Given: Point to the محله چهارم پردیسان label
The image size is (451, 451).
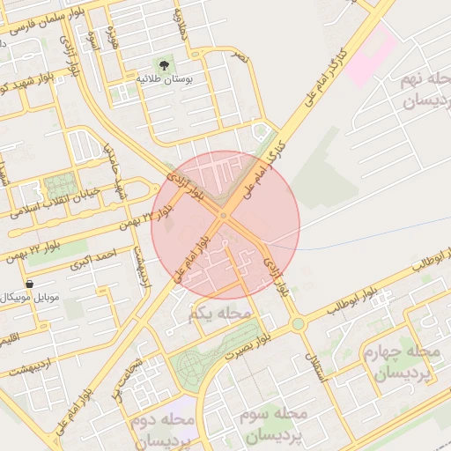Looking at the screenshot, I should click(x=401, y=363).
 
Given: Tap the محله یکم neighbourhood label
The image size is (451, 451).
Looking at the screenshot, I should click(x=221, y=313).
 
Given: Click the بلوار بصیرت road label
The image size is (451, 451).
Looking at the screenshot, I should click(x=245, y=347).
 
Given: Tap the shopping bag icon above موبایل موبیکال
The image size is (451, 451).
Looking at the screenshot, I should click(x=30, y=285).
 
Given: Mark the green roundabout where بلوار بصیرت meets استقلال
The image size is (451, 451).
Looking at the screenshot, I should click(x=298, y=324).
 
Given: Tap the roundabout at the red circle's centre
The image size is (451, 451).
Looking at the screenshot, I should click(x=224, y=215).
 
